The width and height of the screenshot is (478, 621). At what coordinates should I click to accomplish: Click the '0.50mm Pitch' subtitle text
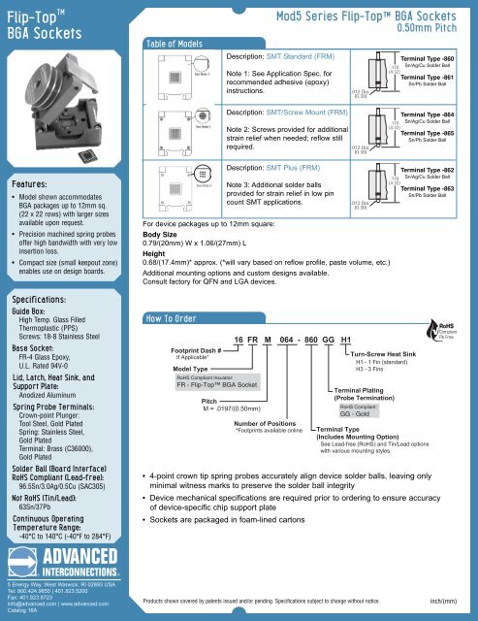432,29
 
